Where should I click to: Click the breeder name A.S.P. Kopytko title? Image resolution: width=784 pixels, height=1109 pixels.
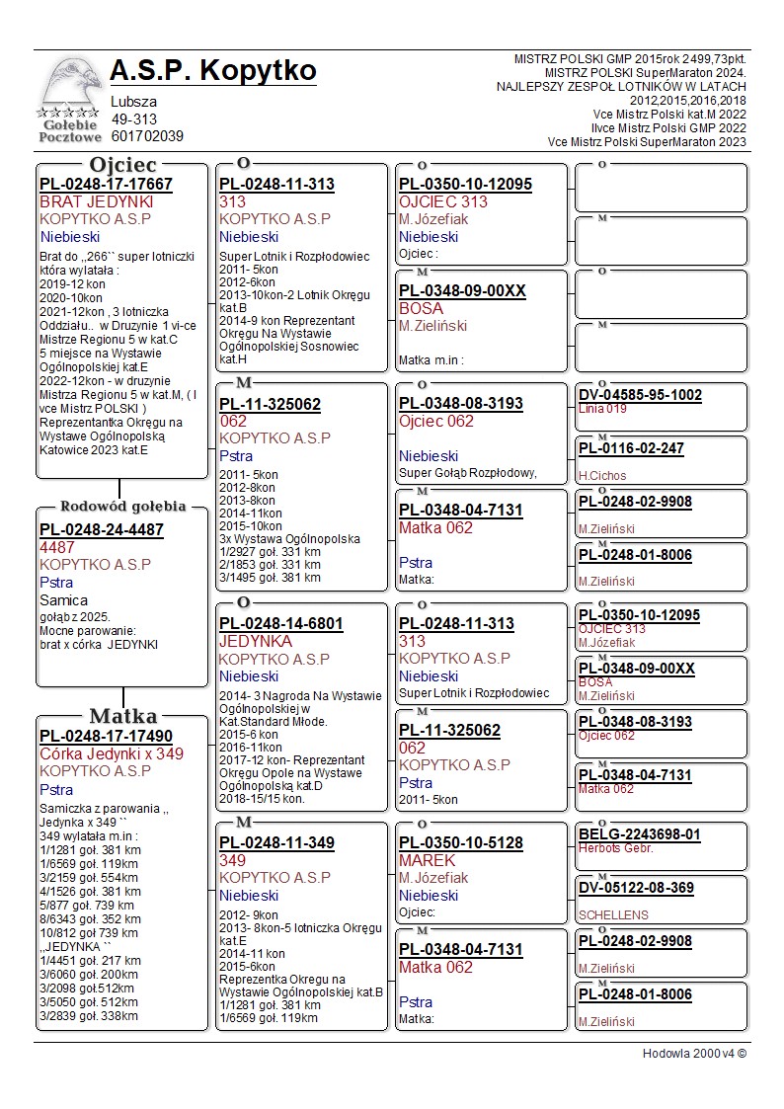pyautogui.click(x=213, y=71)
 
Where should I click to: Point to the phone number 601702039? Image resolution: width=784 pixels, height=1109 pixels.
pyautogui.click(x=147, y=136)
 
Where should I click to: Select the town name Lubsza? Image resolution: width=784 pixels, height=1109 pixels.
pyautogui.click(x=133, y=102)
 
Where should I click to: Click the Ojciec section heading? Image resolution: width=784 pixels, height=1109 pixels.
pyautogui.click(x=122, y=164)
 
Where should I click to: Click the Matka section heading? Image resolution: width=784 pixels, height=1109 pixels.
pyautogui.click(x=122, y=716)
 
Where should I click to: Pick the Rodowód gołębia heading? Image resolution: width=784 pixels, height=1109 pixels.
pyautogui.click(x=122, y=506)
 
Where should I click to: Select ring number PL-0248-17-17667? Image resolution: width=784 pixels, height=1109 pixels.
pyautogui.click(x=106, y=185)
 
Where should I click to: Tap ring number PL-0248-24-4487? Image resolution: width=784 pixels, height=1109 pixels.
pyautogui.click(x=102, y=529)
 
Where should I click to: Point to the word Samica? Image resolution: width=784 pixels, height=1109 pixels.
pyautogui.click(x=63, y=599)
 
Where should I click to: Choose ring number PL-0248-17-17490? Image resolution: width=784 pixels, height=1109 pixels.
pyautogui.click(x=106, y=737)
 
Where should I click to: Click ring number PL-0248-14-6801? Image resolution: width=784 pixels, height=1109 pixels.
pyautogui.click(x=281, y=624)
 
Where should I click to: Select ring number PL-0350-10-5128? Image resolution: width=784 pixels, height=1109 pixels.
pyautogui.click(x=461, y=843)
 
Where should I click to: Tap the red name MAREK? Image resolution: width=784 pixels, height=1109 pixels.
pyautogui.click(x=427, y=860)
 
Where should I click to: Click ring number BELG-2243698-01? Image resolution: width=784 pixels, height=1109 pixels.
pyautogui.click(x=640, y=834)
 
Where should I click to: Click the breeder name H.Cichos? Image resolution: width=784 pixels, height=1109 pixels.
pyautogui.click(x=602, y=475)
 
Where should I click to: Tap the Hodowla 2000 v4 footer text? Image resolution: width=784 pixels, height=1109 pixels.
pyautogui.click(x=694, y=1054)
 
